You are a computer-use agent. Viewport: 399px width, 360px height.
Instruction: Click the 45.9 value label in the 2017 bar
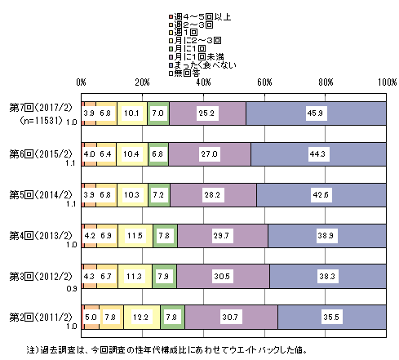click(x=315, y=113)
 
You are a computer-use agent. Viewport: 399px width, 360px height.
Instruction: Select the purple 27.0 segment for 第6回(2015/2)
click(x=210, y=154)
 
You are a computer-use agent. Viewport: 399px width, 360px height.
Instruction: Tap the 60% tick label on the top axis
click(x=264, y=82)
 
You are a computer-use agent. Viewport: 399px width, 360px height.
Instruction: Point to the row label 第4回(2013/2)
click(x=41, y=236)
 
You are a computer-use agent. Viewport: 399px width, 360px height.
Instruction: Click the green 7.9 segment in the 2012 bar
click(x=165, y=277)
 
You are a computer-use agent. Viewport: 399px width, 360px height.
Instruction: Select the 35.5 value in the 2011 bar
click(x=331, y=317)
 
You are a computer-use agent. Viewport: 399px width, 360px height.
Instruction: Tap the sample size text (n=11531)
click(x=42, y=121)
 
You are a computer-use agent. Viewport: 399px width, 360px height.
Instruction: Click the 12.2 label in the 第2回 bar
click(x=140, y=317)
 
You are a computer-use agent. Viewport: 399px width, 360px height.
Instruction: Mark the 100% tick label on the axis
click(x=388, y=82)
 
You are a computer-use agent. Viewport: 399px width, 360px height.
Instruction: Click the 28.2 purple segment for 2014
click(x=213, y=195)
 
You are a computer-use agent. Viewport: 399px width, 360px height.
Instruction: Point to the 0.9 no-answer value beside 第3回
click(x=72, y=288)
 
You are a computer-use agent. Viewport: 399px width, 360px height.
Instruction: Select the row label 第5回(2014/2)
click(x=41, y=195)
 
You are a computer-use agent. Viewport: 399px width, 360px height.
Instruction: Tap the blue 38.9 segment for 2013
click(x=327, y=236)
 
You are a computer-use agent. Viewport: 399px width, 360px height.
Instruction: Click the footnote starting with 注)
click(x=166, y=349)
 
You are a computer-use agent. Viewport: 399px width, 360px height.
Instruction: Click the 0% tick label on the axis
click(x=81, y=82)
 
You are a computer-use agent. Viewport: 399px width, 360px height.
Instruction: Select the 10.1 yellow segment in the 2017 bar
click(x=132, y=113)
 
